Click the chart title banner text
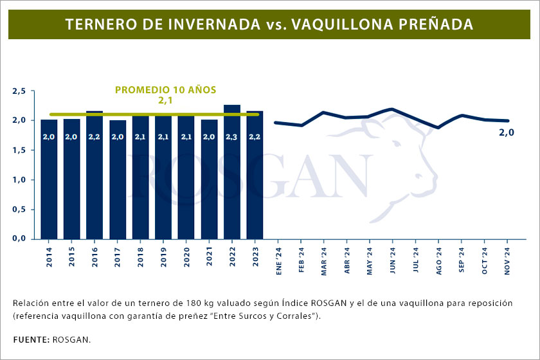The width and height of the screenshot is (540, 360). [269, 24]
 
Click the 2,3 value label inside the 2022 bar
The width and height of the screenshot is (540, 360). [232, 136]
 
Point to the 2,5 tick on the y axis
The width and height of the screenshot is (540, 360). [19, 91]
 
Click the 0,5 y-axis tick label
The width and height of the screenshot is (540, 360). [19, 210]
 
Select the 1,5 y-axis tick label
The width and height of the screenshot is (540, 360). [19, 150]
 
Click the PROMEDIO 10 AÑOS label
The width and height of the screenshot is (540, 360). [165, 90]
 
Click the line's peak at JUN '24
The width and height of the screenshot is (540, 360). [392, 109]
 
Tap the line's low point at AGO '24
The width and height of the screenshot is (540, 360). [438, 127]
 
